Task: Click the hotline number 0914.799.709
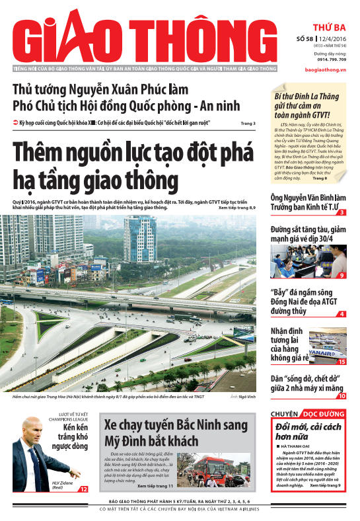click(x=323, y=60)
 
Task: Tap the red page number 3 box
click(x=342, y=212)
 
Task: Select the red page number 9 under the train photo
click(x=342, y=275)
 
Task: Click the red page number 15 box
click(x=342, y=362)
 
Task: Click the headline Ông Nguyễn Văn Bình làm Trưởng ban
click(x=306, y=202)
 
